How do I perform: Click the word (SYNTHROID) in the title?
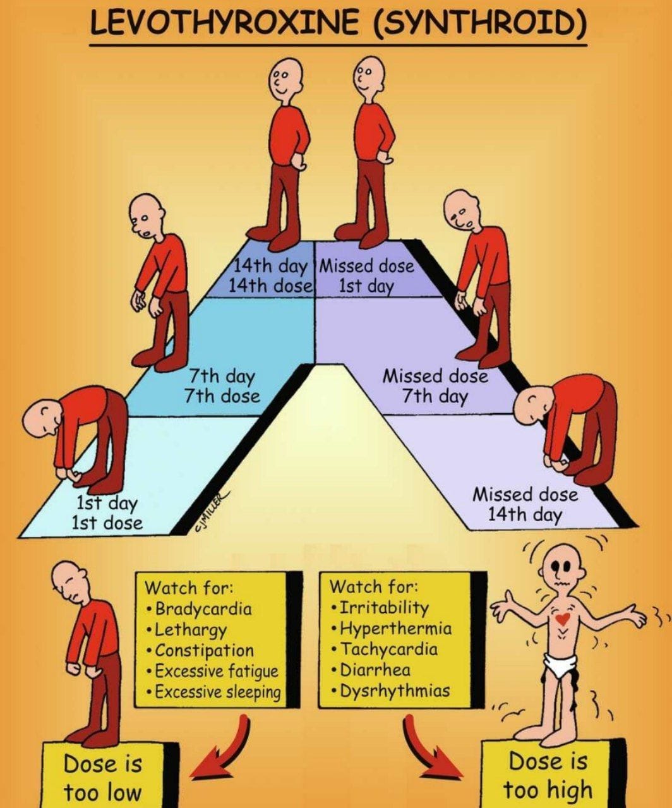click(480, 23)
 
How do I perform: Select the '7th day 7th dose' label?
click(222, 386)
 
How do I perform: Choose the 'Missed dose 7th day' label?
click(435, 386)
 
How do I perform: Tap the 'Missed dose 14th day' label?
click(525, 504)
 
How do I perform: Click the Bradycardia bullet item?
click(200, 609)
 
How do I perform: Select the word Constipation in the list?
click(205, 650)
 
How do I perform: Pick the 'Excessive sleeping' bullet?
click(214, 692)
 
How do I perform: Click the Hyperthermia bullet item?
click(392, 629)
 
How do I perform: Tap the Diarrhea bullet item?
click(371, 670)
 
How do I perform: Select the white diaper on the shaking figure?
click(561, 666)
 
